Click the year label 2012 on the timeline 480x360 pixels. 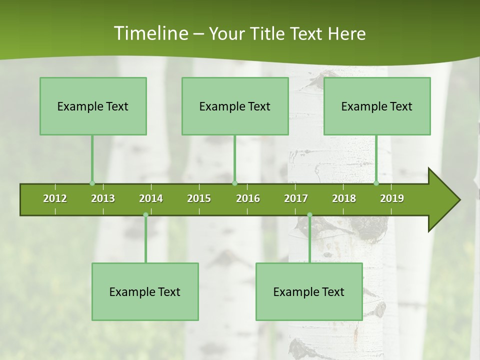(55, 198)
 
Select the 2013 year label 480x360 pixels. (103, 198)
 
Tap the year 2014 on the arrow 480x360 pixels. (151, 198)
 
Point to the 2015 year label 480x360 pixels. (199, 198)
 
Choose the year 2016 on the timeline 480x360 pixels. (248, 198)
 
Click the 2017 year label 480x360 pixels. (296, 198)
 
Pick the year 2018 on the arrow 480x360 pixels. (344, 198)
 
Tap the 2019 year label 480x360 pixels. (392, 198)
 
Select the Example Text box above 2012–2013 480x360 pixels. (93, 106)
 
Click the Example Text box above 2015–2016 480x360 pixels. (235, 106)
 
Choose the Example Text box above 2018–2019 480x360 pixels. (377, 106)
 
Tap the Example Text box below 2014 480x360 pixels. (145, 291)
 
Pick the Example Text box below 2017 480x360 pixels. (309, 291)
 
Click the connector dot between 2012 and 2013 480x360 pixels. (92, 183)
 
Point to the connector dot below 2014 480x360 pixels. (145, 215)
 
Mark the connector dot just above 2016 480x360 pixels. (234, 183)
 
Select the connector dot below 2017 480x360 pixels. (309, 215)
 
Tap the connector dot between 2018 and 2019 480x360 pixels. (376, 183)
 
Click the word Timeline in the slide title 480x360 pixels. (150, 33)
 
